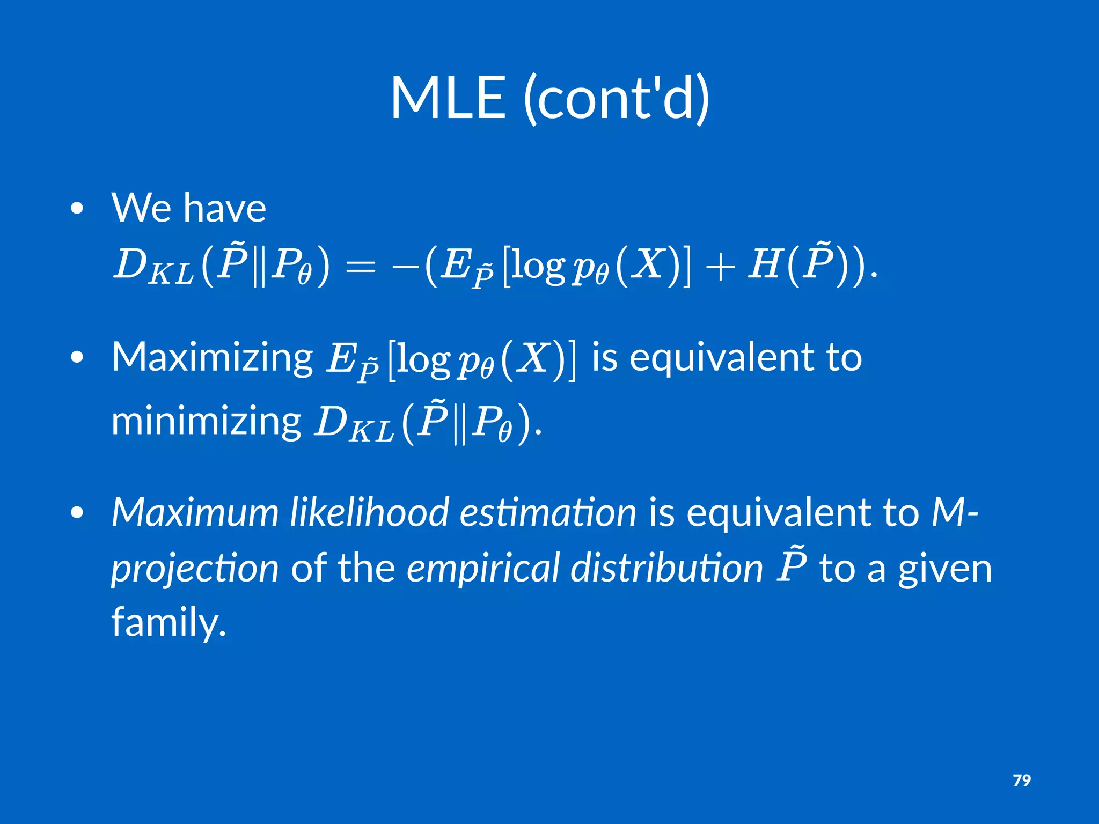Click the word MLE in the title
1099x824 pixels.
click(x=448, y=98)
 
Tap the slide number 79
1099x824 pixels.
click(x=1021, y=780)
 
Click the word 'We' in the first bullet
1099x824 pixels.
click(x=142, y=208)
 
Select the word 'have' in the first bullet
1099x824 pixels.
click(x=225, y=208)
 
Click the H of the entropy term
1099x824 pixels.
click(x=765, y=265)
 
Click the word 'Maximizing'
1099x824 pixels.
click(x=212, y=358)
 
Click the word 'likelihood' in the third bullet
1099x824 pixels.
click(x=369, y=512)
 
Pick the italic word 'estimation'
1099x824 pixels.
click(x=548, y=512)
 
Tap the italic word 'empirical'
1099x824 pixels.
click(x=483, y=569)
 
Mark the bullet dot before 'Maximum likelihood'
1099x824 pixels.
click(x=77, y=513)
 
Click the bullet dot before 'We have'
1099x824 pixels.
click(x=77, y=208)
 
